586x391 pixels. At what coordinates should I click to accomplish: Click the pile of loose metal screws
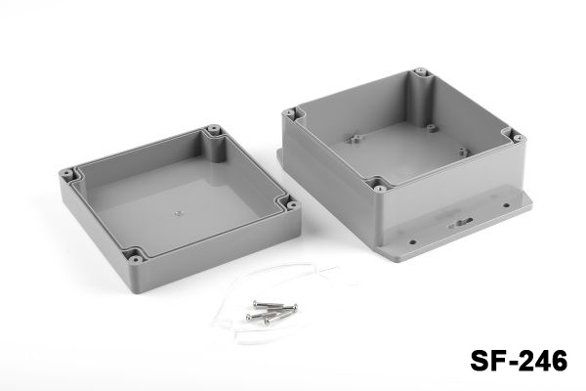[272, 312]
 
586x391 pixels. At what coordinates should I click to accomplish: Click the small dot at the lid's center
[179, 214]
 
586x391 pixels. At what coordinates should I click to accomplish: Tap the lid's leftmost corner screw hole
[66, 174]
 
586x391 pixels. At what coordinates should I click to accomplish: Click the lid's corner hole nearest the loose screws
[135, 259]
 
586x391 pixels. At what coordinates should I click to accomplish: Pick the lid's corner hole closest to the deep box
[293, 205]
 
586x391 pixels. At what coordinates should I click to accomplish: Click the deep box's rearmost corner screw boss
[421, 71]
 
